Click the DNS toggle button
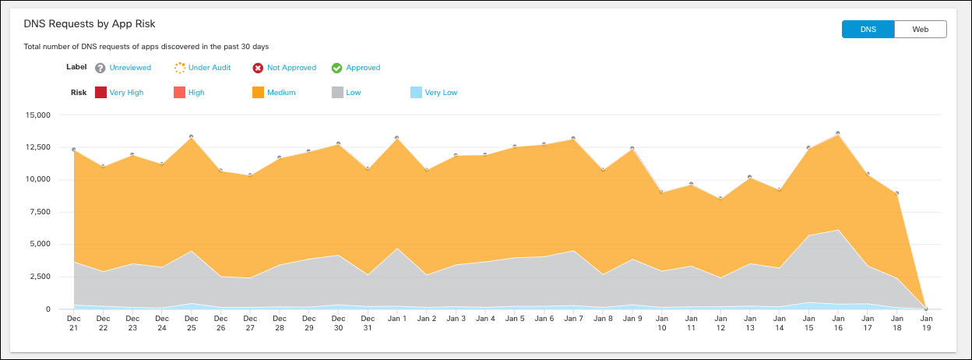(868, 30)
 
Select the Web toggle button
(920, 30)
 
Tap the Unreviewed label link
(130, 68)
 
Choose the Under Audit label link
(210, 68)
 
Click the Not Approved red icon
(258, 68)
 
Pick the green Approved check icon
(337, 68)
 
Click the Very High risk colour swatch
(100, 93)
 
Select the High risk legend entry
(196, 93)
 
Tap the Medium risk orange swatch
(258, 93)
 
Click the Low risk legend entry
(353, 93)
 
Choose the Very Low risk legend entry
(441, 93)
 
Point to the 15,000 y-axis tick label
(37, 115)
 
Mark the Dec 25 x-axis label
(191, 323)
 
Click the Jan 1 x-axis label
(397, 319)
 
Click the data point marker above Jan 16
(837, 133)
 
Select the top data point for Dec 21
(73, 149)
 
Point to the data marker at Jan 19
(926, 309)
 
